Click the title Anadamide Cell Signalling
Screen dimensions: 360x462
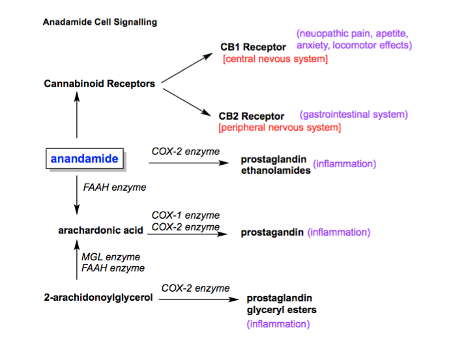pos(100,22)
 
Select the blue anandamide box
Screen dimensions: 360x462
pos(85,159)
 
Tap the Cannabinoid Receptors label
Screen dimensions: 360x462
pos(100,84)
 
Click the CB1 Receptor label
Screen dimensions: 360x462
pos(253,47)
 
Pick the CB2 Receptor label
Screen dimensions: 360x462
pos(253,116)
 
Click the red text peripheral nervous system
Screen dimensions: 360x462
pos(280,128)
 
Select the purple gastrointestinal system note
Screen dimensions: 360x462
pos(354,115)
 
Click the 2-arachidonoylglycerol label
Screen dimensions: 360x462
pos(97,298)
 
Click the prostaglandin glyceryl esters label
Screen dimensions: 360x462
pos(282,305)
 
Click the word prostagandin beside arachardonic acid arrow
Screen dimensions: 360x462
pos(272,232)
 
